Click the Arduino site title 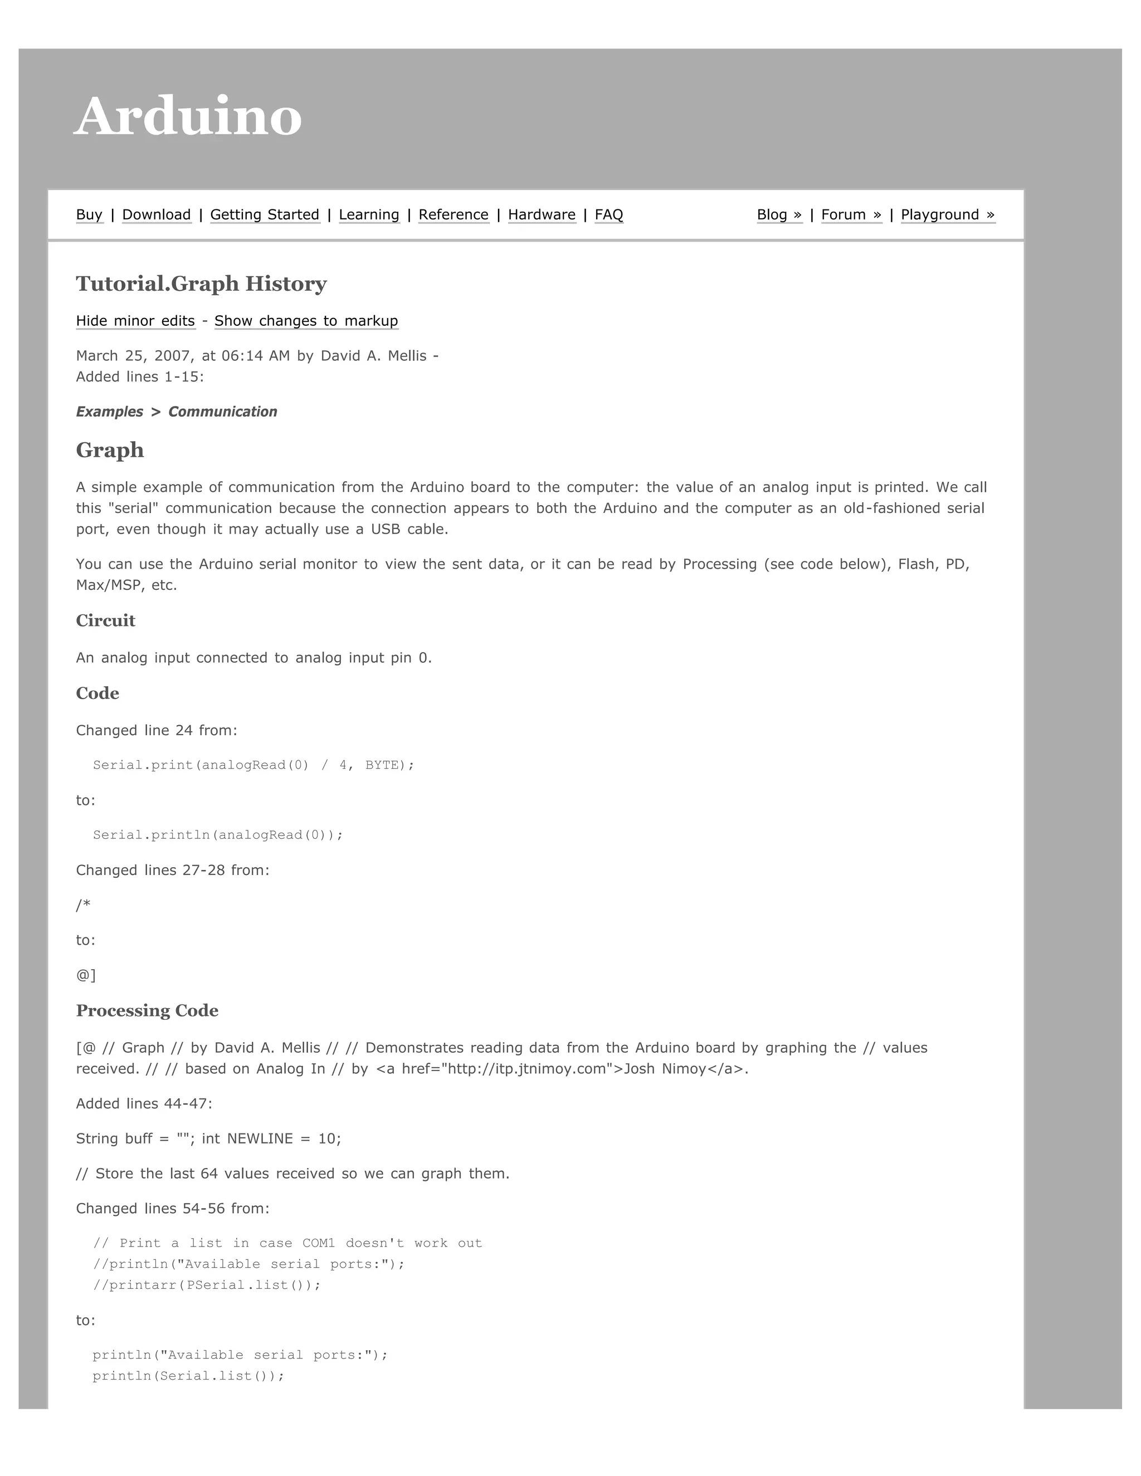[187, 116]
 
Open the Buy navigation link [89, 215]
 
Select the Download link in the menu [156, 215]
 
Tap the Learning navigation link [368, 215]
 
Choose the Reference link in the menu [453, 215]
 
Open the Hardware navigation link [542, 215]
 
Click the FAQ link [608, 215]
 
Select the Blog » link [779, 215]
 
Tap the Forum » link [851, 215]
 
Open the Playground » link [947, 215]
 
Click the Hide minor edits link [135, 321]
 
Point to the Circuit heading [105, 620]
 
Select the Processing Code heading [147, 1010]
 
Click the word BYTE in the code [381, 765]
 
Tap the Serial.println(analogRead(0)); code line [218, 835]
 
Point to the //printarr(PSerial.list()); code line [206, 1285]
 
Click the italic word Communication [222, 412]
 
